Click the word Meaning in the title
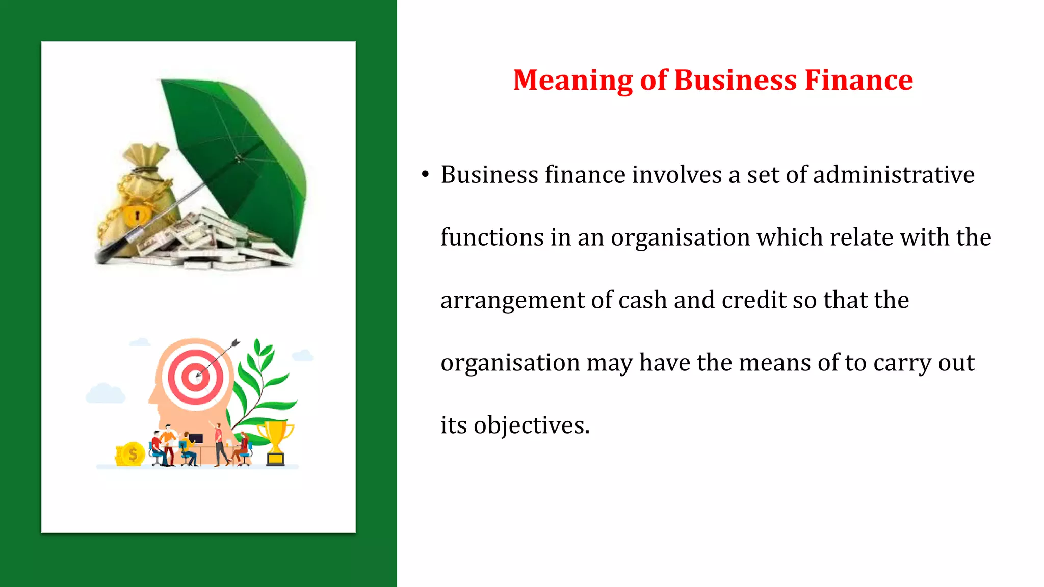click(572, 81)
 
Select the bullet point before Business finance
click(426, 175)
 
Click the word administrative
click(893, 175)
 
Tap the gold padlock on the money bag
click(136, 215)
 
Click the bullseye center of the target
click(196, 378)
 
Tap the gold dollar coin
click(133, 453)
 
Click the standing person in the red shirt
click(218, 441)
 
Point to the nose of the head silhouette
click(151, 397)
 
